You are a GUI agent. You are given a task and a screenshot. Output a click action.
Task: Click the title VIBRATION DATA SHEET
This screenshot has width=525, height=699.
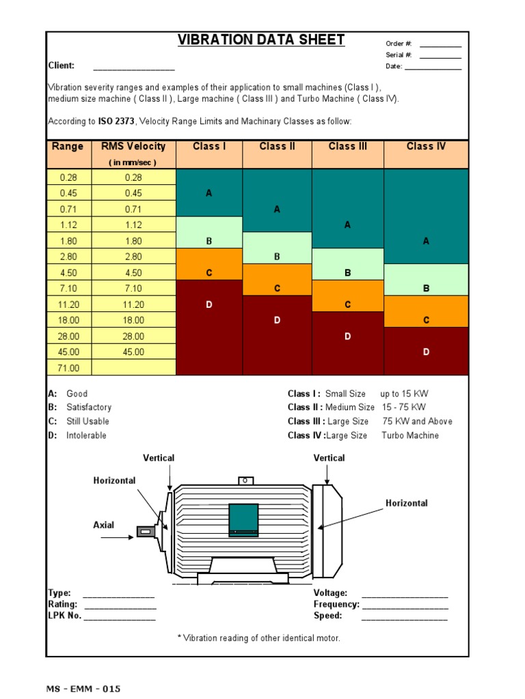pyautogui.click(x=261, y=40)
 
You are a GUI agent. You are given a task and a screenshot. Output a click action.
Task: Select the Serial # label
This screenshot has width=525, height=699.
pyautogui.click(x=399, y=55)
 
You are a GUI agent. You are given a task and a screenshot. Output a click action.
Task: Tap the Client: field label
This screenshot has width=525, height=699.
pyautogui.click(x=61, y=66)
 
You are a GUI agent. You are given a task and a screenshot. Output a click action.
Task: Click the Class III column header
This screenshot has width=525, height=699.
pyautogui.click(x=347, y=146)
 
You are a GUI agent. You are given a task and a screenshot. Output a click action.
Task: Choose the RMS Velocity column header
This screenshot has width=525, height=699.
pyautogui.click(x=133, y=146)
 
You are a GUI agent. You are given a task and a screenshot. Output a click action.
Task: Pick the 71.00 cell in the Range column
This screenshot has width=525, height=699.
pyautogui.click(x=69, y=368)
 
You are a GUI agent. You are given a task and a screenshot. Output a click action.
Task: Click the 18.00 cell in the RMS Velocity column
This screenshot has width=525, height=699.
pyautogui.click(x=133, y=320)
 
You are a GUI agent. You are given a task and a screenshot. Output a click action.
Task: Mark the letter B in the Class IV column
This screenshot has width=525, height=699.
pyautogui.click(x=426, y=289)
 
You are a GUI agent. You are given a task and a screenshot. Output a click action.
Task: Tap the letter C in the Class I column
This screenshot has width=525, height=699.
pyautogui.click(x=209, y=273)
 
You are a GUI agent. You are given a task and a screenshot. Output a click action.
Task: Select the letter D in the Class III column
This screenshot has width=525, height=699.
pyautogui.click(x=347, y=337)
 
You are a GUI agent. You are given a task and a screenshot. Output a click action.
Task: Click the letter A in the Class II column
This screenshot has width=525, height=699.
pyautogui.click(x=277, y=210)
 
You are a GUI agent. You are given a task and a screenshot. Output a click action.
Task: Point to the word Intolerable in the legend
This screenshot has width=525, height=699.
pyautogui.click(x=86, y=436)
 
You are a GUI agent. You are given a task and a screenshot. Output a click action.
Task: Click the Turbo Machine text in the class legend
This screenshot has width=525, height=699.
pyautogui.click(x=410, y=436)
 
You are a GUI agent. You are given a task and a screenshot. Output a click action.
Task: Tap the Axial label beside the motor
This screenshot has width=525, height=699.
pyautogui.click(x=104, y=525)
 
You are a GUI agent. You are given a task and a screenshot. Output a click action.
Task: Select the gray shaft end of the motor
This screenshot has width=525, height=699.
pyautogui.click(x=145, y=531)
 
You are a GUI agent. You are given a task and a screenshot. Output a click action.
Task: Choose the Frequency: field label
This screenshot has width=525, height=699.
pyautogui.click(x=336, y=604)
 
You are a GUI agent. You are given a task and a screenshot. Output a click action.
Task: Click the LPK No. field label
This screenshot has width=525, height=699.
pyautogui.click(x=64, y=615)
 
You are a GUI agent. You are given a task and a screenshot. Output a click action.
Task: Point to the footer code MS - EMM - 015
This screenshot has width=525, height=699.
pyautogui.click(x=83, y=689)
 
